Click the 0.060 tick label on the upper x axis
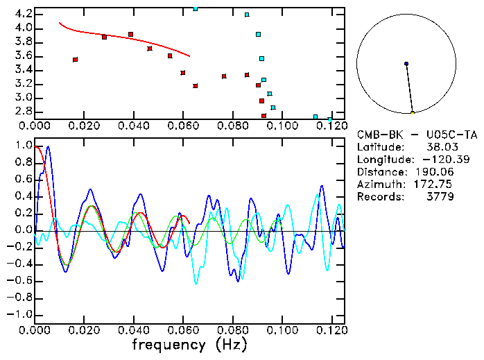coord(183,126)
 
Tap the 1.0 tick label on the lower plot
coord(23,146)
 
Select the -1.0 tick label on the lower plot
coord(21,314)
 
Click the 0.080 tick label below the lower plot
coord(232,331)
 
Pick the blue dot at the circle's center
coord(406,64)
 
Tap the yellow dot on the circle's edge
coord(413,112)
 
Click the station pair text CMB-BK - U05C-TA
coord(417,135)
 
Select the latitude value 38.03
coord(462,147)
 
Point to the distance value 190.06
coord(456,172)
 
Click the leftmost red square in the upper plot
coord(75,60)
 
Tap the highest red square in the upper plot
coord(130,34)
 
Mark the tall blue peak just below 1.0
coord(48,148)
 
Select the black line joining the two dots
coord(409,88)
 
